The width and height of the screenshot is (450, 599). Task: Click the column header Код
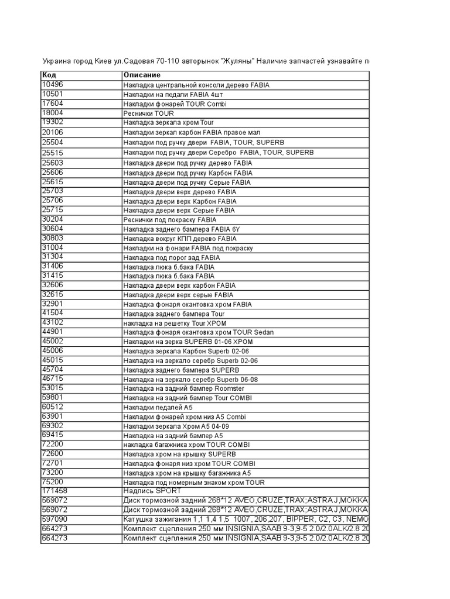click(49, 75)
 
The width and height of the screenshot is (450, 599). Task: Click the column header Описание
click(141, 75)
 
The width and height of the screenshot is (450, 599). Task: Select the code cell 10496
click(52, 85)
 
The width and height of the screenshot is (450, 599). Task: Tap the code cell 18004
click(52, 113)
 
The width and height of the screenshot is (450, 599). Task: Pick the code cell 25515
click(52, 153)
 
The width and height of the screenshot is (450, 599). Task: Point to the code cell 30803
click(52, 238)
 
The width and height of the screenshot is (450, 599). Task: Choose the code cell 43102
click(52, 322)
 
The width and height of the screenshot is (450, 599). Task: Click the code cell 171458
click(54, 491)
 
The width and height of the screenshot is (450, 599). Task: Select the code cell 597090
click(54, 519)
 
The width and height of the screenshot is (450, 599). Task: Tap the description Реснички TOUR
click(148, 113)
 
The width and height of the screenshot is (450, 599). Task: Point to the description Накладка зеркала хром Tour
click(169, 123)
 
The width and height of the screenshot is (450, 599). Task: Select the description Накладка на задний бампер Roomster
click(184, 388)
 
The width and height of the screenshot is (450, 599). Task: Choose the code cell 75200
click(52, 482)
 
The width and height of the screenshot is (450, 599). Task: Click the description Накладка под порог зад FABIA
click(172, 257)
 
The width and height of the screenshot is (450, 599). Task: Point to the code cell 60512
click(52, 407)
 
